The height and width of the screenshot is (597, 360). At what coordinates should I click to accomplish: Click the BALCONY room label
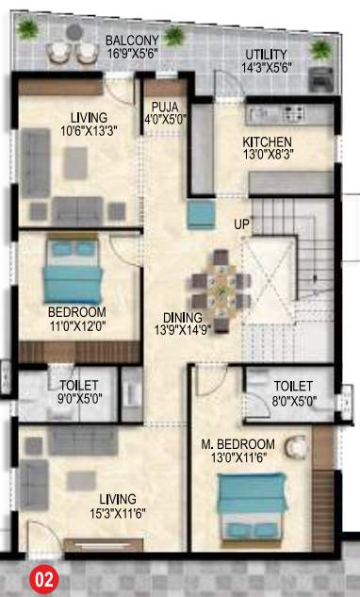click(x=131, y=40)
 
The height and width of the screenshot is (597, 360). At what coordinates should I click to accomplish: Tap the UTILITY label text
click(x=266, y=54)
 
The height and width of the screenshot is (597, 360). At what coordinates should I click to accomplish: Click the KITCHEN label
click(x=268, y=142)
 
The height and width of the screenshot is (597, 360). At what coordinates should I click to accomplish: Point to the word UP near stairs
click(x=242, y=225)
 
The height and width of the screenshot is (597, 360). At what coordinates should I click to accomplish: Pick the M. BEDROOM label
click(x=238, y=444)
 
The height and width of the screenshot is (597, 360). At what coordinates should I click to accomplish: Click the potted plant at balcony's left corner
click(x=29, y=29)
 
